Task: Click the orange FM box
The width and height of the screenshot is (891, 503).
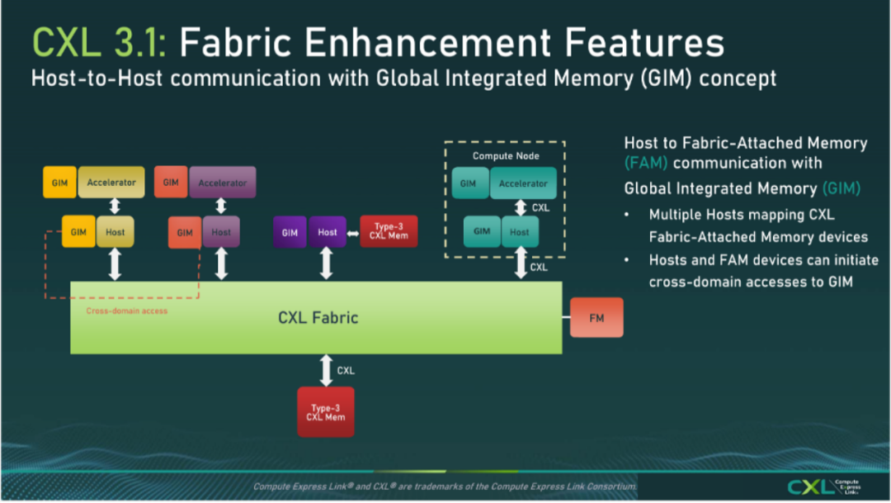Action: click(x=596, y=317)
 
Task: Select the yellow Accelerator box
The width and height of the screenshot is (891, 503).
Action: click(x=111, y=182)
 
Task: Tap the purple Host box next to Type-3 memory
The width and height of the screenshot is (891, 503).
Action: click(x=328, y=231)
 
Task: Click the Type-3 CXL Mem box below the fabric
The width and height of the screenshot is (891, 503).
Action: click(x=326, y=412)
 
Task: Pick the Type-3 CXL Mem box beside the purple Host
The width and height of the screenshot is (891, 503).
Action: click(x=389, y=231)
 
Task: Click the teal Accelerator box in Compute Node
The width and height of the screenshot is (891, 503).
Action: click(x=523, y=183)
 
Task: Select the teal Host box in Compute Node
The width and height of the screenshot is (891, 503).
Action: click(x=520, y=231)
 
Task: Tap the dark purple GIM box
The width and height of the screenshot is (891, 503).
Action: click(x=290, y=231)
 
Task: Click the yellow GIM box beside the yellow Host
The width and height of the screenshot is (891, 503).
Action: click(x=78, y=231)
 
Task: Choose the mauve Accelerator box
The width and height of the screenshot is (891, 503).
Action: click(x=222, y=182)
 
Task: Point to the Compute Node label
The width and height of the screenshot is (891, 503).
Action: click(x=506, y=156)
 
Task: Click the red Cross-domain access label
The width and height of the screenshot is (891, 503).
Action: click(x=127, y=311)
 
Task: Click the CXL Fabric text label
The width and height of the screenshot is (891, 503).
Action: click(x=318, y=317)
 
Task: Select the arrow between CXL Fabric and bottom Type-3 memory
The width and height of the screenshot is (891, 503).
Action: click(x=326, y=370)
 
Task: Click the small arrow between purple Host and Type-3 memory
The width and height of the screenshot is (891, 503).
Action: click(x=353, y=233)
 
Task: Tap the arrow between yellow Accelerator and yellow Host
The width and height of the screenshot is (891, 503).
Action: click(x=115, y=206)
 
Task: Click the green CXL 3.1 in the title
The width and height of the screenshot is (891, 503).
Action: click(x=100, y=43)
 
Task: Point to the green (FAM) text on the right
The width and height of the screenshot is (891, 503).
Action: click(x=645, y=164)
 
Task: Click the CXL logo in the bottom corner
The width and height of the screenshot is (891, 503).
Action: click(x=824, y=486)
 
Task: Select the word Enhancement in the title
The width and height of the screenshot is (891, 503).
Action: click(x=428, y=43)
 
